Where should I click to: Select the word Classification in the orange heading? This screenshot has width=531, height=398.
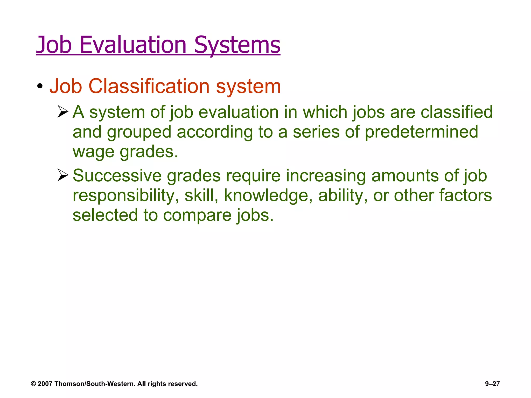tap(149, 86)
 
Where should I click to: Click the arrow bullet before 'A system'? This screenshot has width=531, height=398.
tap(63, 112)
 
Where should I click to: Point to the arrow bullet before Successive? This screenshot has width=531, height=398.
tap(63, 175)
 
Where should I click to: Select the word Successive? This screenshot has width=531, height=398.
tap(117, 176)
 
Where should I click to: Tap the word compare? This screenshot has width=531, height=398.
tap(197, 215)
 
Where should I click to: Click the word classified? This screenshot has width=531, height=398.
tap(456, 112)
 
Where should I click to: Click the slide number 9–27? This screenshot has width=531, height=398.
tap(492, 384)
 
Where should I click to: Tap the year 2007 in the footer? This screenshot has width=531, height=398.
tap(45, 384)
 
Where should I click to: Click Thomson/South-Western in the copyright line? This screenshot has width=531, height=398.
tap(95, 384)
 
